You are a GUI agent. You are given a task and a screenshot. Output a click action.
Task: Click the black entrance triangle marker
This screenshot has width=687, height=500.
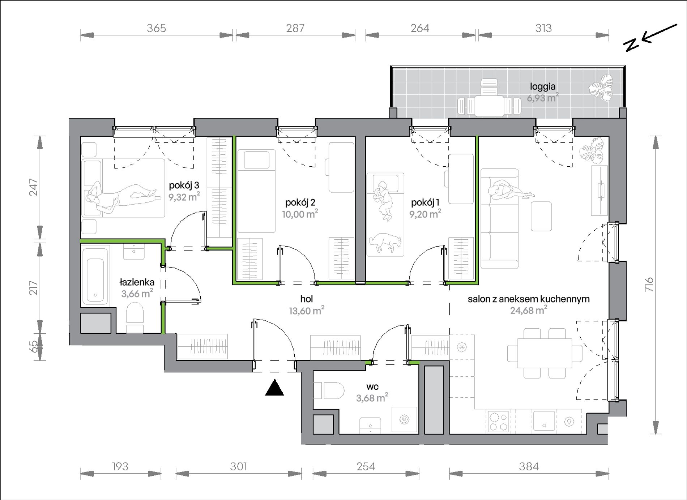click(x=274, y=388)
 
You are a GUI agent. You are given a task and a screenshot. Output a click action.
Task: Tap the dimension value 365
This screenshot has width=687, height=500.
click(x=156, y=28)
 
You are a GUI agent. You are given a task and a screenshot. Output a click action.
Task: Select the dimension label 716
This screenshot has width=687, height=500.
click(x=649, y=285)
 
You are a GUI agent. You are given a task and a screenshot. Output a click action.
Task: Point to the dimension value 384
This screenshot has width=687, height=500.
click(x=529, y=467)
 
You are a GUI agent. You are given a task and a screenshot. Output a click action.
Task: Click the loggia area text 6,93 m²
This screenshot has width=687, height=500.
click(x=542, y=98)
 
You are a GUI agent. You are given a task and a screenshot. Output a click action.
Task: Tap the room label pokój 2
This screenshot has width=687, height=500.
click(x=300, y=202)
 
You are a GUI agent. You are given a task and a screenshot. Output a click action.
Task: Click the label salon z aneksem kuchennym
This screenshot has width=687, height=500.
click(x=529, y=299)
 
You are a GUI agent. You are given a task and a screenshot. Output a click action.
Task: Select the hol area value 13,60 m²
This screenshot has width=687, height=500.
click(x=306, y=311)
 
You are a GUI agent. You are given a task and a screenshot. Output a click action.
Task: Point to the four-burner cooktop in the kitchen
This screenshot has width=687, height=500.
click(x=499, y=422)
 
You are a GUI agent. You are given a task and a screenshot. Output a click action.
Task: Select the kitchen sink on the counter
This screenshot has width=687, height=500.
click(x=544, y=421)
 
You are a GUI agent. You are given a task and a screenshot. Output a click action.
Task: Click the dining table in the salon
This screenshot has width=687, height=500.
click(x=545, y=353)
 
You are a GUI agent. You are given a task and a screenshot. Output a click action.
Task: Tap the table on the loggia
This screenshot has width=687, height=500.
click(x=489, y=106)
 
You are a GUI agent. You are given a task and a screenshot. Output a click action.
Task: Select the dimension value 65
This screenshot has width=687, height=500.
click(x=33, y=347)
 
